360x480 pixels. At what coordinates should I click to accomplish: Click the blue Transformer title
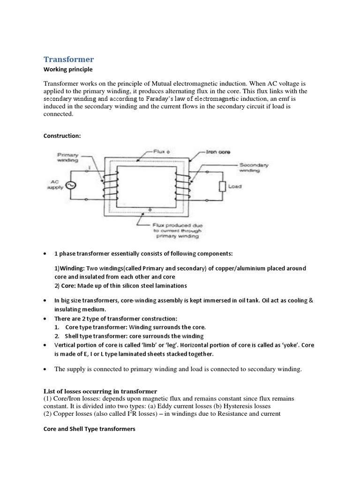[x=68, y=59]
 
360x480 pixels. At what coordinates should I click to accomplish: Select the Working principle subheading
[x=68, y=69]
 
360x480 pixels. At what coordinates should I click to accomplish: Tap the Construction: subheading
[x=62, y=136]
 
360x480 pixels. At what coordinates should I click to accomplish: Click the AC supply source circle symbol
[x=73, y=185]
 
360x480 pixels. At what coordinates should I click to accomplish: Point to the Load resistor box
[x=223, y=186]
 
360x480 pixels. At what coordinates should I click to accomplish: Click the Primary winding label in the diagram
[x=68, y=157]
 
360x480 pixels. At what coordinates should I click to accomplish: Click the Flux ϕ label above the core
[x=160, y=152]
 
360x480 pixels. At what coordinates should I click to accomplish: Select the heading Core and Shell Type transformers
[x=90, y=428]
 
